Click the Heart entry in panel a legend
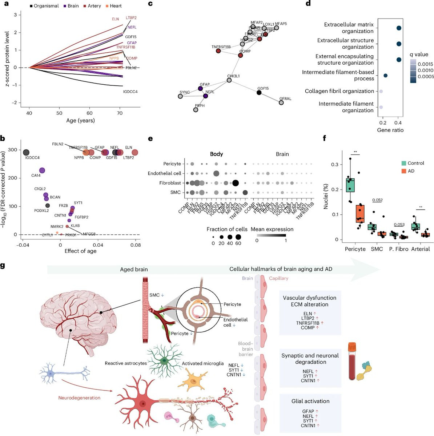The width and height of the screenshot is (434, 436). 113,6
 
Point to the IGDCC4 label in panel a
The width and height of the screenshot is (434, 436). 130,92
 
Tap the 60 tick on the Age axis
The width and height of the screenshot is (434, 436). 89,113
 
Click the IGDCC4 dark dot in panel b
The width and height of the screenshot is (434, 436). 26,153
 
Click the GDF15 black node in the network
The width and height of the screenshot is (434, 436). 259,93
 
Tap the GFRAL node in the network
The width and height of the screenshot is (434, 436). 281,102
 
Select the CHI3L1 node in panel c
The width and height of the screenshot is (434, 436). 229,80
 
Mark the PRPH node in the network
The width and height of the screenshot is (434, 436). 196,110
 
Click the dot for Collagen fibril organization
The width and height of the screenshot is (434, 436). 381,91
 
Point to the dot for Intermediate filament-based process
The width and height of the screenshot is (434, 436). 385,76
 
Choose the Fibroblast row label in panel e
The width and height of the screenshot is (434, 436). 170,183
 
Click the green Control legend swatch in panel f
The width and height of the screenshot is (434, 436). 403,163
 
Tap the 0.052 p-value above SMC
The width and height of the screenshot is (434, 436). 377,200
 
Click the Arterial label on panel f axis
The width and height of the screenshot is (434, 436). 420,249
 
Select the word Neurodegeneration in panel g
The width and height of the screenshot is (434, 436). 79,398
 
